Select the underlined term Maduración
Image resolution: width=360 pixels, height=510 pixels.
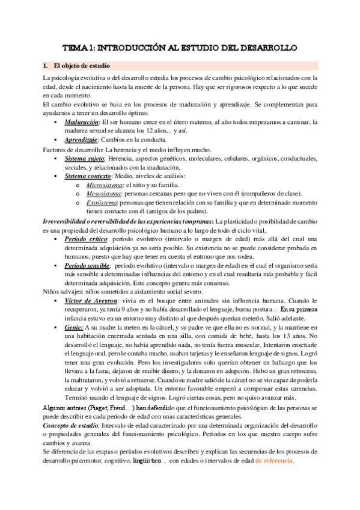pyautogui.click(x=81, y=122)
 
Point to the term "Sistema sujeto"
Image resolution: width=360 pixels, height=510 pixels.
pyautogui.click(x=85, y=158)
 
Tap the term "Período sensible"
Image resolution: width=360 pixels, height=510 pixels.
pyautogui.click(x=87, y=265)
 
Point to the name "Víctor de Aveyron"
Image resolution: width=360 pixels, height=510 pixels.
pyautogui.click(x=91, y=301)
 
